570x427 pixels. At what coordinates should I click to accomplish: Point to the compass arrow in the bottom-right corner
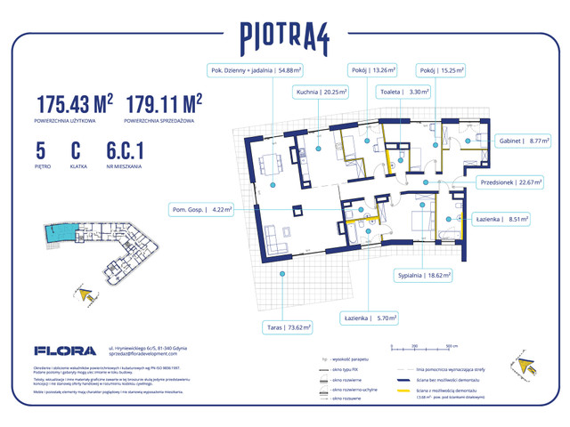(x=521, y=360)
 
